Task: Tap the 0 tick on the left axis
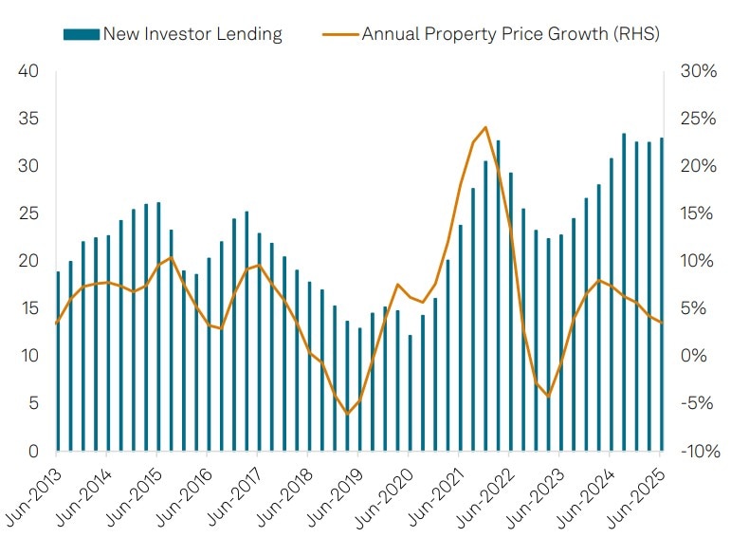click(32, 452)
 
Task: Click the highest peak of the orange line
click(485, 127)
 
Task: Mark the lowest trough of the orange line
click(347, 414)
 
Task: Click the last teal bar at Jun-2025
click(661, 294)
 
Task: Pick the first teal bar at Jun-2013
click(58, 361)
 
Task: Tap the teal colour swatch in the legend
click(81, 34)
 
